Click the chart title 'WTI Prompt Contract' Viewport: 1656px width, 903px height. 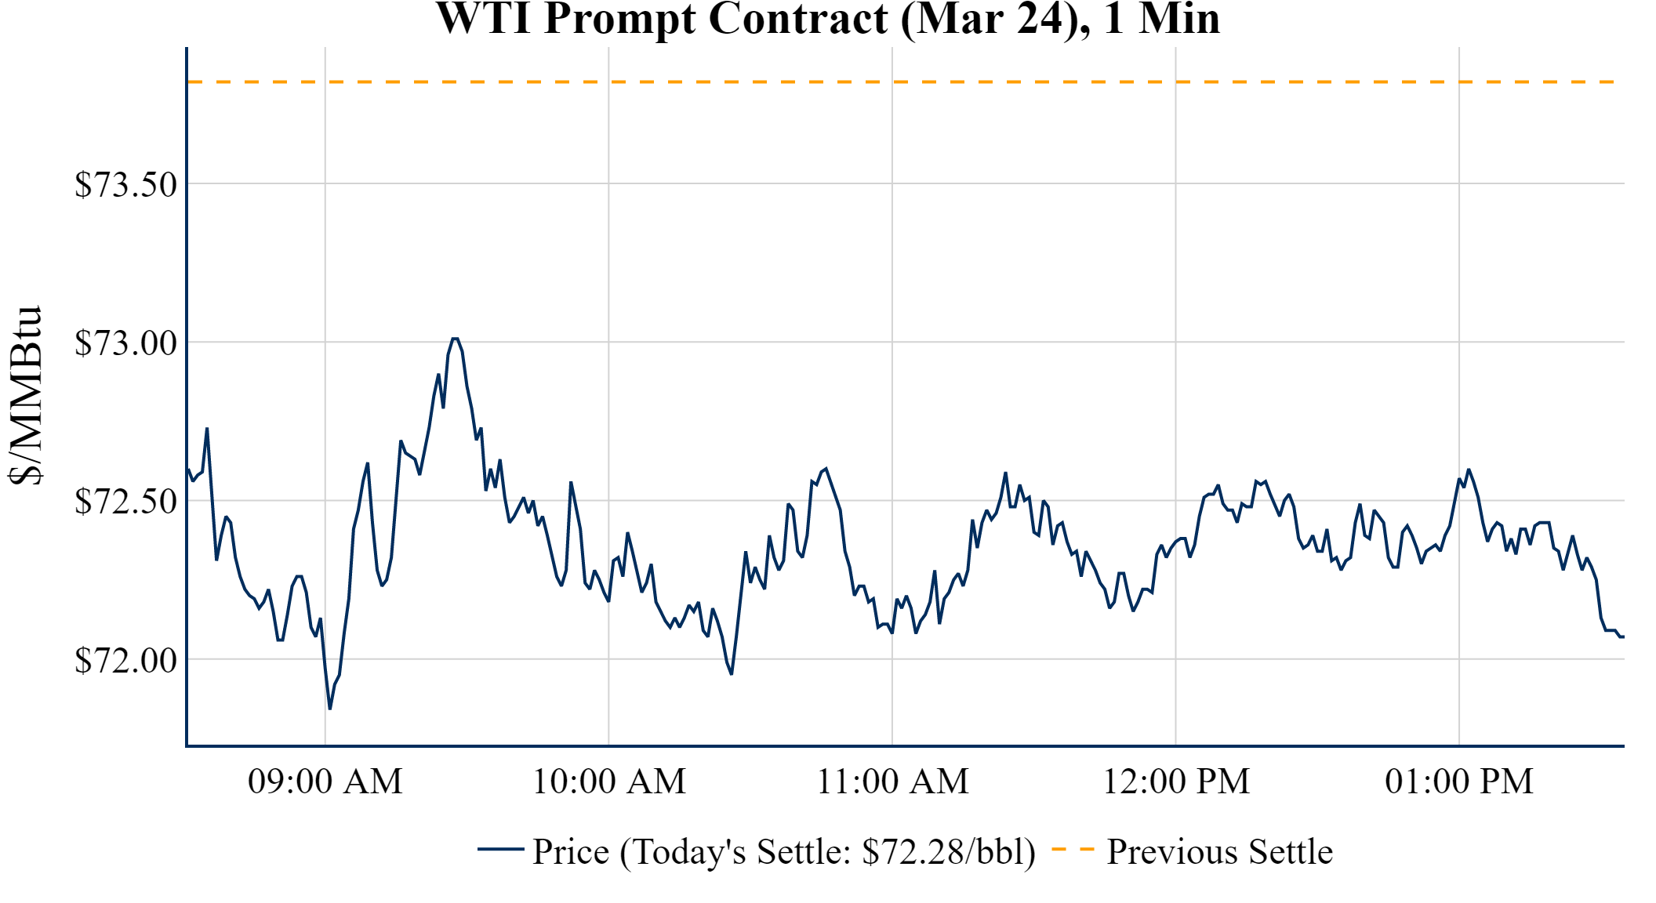pos(663,19)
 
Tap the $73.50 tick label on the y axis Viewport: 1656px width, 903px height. pos(125,185)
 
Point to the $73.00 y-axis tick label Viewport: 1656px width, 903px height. pos(125,343)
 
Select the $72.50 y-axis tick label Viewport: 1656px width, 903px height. pos(125,502)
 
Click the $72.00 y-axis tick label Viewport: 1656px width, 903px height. pos(125,660)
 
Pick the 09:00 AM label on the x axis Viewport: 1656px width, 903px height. pos(325,782)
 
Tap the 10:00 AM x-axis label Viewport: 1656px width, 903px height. pos(608,782)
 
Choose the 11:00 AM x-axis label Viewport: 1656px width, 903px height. pos(892,782)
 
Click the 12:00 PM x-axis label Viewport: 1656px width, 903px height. pos(1175,782)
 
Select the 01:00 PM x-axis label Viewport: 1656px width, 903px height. pos(1458,782)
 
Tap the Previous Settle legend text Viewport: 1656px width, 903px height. pos(1219,852)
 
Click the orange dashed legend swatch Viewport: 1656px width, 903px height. pos(1073,850)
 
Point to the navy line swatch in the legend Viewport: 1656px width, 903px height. pos(500,850)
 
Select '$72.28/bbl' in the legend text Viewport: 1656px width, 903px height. pos(947,852)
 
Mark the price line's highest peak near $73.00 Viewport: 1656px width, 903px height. pos(455,339)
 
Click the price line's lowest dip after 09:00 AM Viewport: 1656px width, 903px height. pos(330,709)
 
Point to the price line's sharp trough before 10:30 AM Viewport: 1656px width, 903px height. pos(731,673)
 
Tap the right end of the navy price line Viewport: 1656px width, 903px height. pos(1622,636)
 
